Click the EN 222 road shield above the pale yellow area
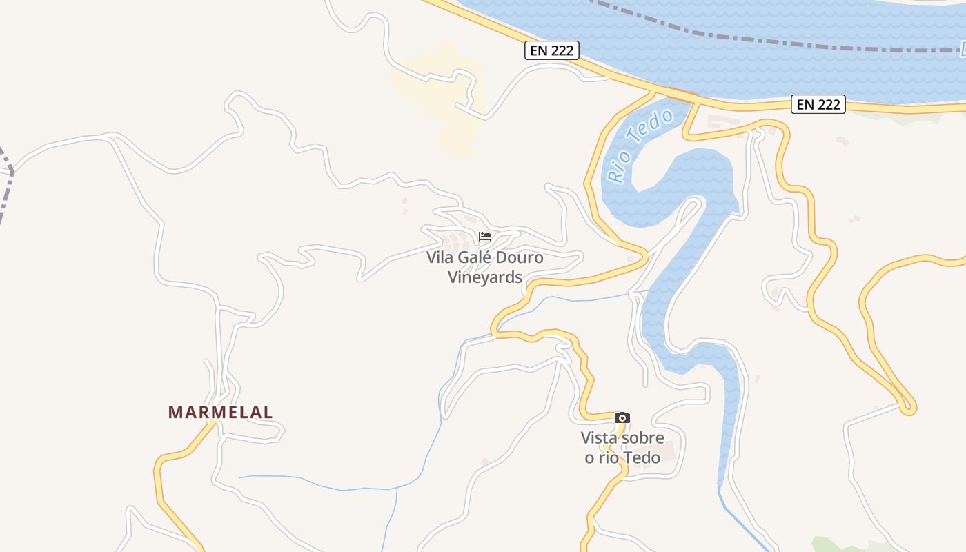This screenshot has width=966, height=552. [551, 50]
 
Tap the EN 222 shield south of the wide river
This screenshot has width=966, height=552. [818, 104]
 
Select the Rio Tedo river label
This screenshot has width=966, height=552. [640, 146]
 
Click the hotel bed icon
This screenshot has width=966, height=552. [485, 237]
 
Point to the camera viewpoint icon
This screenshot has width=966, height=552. [622, 417]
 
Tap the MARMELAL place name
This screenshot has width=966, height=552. [220, 412]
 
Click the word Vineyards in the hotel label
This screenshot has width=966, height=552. [485, 277]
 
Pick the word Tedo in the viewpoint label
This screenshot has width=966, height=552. [642, 457]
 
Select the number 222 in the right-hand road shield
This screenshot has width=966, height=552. [829, 104]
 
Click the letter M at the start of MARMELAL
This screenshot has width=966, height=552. [175, 412]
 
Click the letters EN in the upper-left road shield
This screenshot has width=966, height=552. [539, 50]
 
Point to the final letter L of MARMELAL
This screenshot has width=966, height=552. [268, 412]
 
